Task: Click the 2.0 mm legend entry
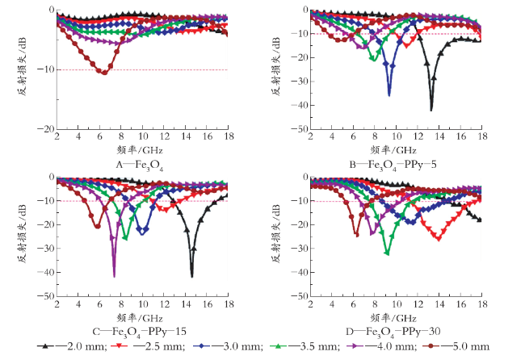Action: tap(72, 346)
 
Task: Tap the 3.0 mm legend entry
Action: tap(228, 346)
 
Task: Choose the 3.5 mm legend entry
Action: tap(305, 346)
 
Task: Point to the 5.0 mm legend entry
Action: tap(456, 346)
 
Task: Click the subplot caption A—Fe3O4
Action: tap(140, 165)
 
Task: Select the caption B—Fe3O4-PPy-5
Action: tap(393, 165)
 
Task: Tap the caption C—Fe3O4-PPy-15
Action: tap(139, 332)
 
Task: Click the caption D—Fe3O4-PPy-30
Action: tap(393, 332)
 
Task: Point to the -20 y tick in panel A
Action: tap(45, 129)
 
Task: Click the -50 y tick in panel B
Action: tap(300, 129)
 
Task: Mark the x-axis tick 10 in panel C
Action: tap(143, 304)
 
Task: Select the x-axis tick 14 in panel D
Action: tap(439, 304)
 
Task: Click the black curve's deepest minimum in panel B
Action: tap(431, 110)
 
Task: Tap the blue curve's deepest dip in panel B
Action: tap(389, 96)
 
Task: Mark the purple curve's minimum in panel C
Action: tap(114, 277)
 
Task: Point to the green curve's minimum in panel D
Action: tap(388, 253)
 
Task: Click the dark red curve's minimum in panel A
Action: tap(104, 73)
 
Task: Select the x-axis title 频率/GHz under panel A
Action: tap(140, 150)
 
